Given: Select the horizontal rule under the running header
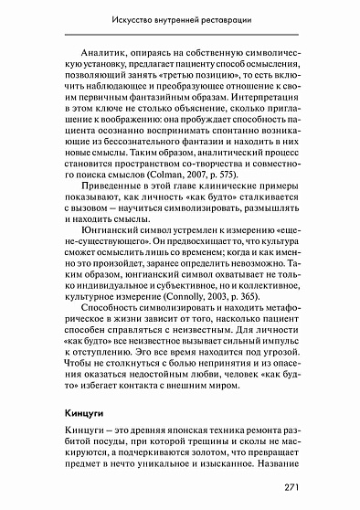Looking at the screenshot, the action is click(x=180, y=34).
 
